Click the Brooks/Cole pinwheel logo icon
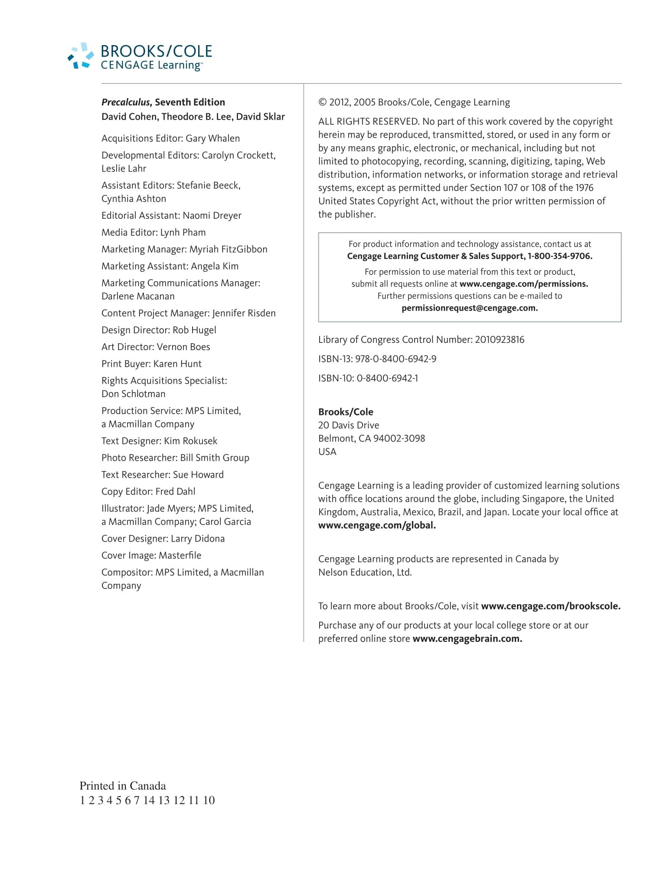tap(81, 56)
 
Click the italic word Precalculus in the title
tap(126, 102)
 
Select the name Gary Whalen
tap(213, 138)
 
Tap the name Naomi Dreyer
tap(212, 216)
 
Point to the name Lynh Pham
tap(183, 233)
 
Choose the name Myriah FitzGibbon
tap(229, 250)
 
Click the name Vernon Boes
tap(183, 347)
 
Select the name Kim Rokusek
tap(190, 441)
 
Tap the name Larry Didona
tap(198, 539)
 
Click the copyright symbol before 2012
tap(322, 102)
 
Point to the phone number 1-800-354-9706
tap(559, 256)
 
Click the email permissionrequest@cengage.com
tap(470, 308)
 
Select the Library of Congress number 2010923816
tap(500, 340)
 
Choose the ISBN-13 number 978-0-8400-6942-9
tap(396, 359)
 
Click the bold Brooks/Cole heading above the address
tap(346, 412)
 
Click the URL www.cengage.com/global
tap(377, 526)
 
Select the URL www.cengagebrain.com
tap(467, 639)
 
